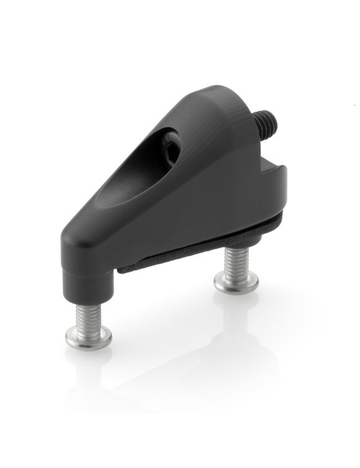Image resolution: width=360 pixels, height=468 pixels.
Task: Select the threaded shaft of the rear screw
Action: click(x=236, y=261)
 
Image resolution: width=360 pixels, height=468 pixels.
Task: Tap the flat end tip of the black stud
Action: click(x=273, y=119)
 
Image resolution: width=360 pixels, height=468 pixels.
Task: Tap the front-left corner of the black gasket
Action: click(x=122, y=269)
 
